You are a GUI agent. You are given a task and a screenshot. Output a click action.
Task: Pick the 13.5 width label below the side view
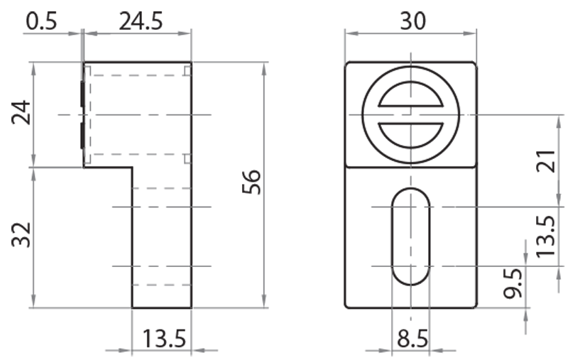(x=165, y=339)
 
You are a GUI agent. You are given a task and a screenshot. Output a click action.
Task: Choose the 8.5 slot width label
(x=412, y=339)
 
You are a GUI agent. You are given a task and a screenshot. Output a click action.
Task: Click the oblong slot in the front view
(x=410, y=236)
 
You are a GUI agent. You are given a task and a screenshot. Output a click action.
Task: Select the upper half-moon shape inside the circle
(x=411, y=99)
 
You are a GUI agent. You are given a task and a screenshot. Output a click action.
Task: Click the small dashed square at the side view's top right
(x=187, y=70)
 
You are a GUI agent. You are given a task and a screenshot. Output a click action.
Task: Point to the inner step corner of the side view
(x=132, y=168)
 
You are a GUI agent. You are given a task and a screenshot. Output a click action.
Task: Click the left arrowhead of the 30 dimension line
(x=349, y=31)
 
